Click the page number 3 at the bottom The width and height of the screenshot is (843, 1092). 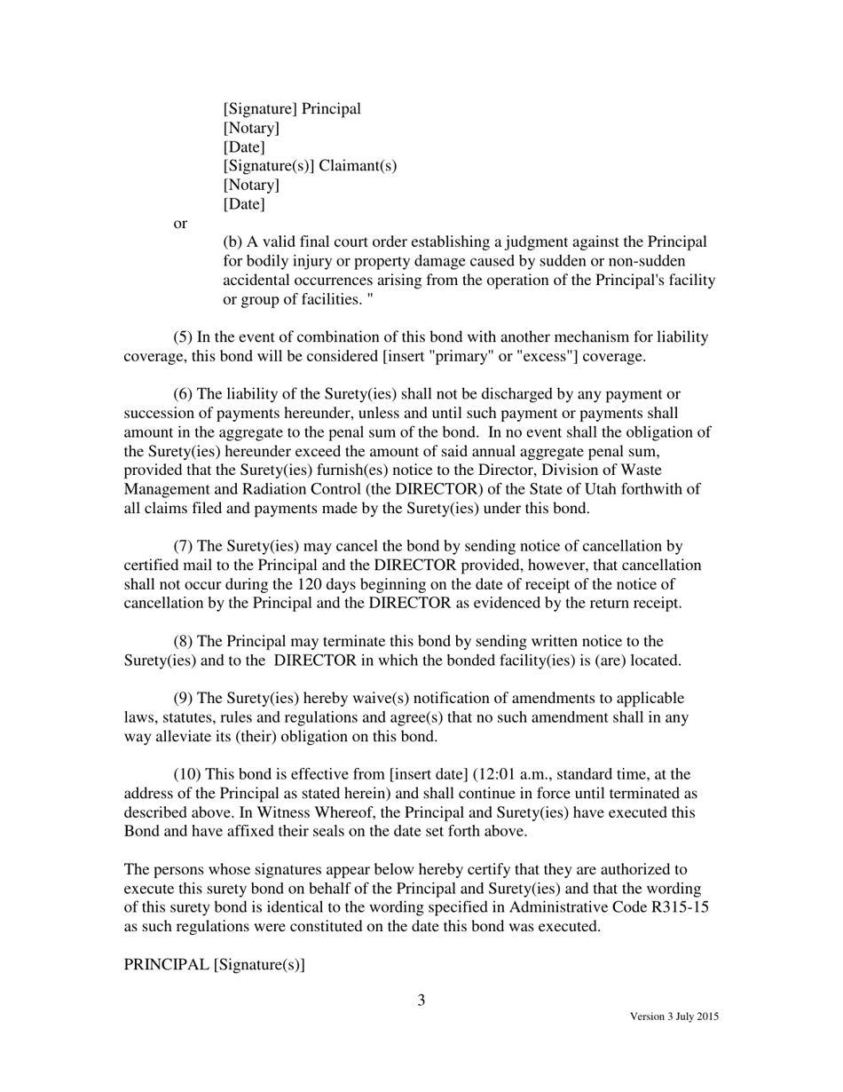[x=421, y=1001]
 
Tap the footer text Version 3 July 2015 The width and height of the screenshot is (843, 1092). [x=674, y=1017]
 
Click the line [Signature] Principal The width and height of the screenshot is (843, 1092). [x=292, y=109]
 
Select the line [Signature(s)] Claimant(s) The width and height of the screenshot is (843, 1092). [x=310, y=166]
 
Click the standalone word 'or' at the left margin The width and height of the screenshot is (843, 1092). [x=180, y=224]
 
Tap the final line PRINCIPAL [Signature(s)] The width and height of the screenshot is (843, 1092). [x=214, y=965]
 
